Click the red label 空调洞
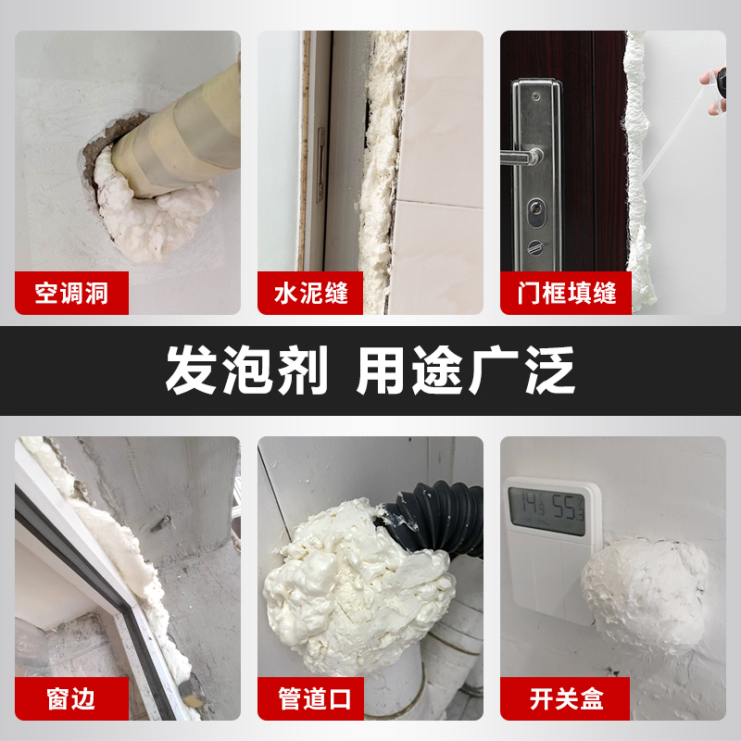point(71,294)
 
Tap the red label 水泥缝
point(312,294)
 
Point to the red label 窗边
point(71,697)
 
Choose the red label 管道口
point(315,697)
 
